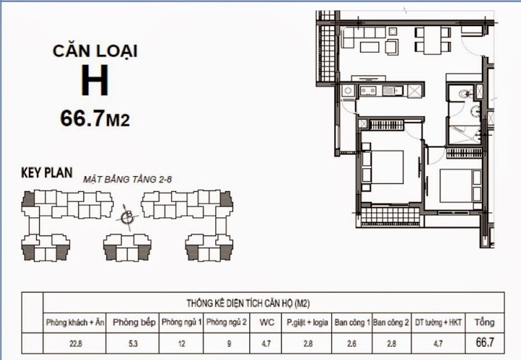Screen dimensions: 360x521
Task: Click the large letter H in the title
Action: click(x=94, y=81)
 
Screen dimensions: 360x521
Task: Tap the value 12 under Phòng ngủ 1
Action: click(x=181, y=343)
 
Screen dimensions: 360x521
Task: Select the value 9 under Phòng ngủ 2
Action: click(x=226, y=343)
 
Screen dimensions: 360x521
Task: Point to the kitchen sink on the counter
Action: click(x=393, y=91)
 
